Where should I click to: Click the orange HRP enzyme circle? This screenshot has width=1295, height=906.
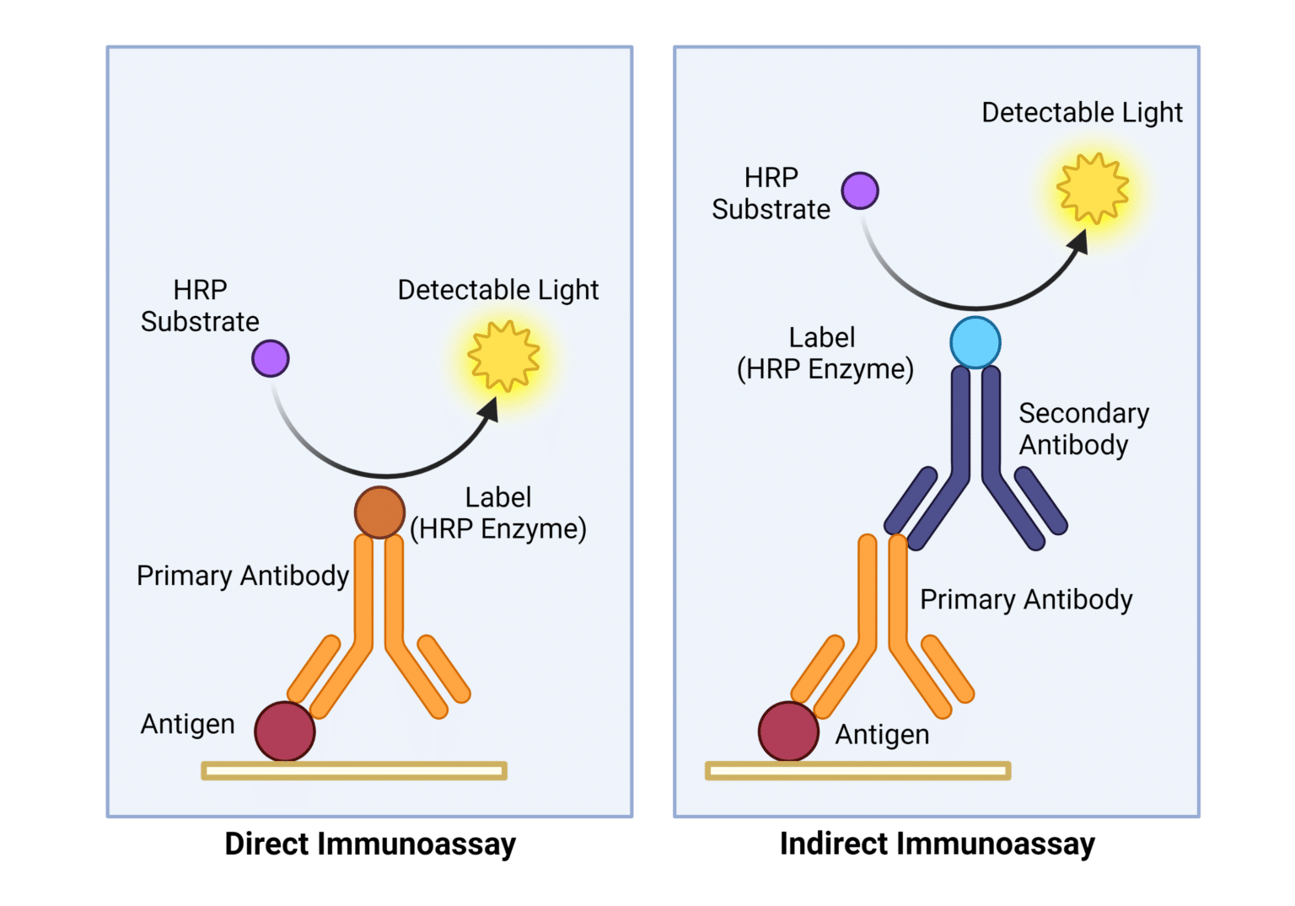[379, 512]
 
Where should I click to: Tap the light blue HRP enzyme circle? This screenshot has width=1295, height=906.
[975, 342]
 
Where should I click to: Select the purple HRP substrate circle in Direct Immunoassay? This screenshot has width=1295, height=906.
[271, 358]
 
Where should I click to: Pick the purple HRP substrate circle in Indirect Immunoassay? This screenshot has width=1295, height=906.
[860, 190]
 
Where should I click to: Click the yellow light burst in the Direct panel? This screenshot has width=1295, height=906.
[503, 357]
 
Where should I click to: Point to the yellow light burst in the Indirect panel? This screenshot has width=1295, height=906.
[1093, 189]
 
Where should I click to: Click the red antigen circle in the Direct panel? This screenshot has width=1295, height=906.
[285, 732]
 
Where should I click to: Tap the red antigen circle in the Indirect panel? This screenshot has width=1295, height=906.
[788, 732]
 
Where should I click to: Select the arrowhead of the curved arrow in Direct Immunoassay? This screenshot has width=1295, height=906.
[489, 410]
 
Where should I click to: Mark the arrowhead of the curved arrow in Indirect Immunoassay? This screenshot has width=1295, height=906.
[1078, 242]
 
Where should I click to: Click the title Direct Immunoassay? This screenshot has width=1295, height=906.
[370, 844]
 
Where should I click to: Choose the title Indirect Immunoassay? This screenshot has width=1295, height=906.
[937, 844]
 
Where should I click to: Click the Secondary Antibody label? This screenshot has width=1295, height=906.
[1083, 428]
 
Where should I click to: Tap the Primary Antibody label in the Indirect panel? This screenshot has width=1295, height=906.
[1025, 599]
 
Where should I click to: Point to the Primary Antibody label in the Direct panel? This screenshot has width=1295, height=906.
[243, 576]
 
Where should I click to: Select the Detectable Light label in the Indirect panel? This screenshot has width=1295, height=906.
[1082, 112]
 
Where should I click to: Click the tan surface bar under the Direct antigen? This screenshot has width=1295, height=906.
[354, 770]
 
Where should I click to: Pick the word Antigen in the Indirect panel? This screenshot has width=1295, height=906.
[882, 735]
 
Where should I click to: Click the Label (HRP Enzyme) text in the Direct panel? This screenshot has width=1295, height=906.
[498, 512]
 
